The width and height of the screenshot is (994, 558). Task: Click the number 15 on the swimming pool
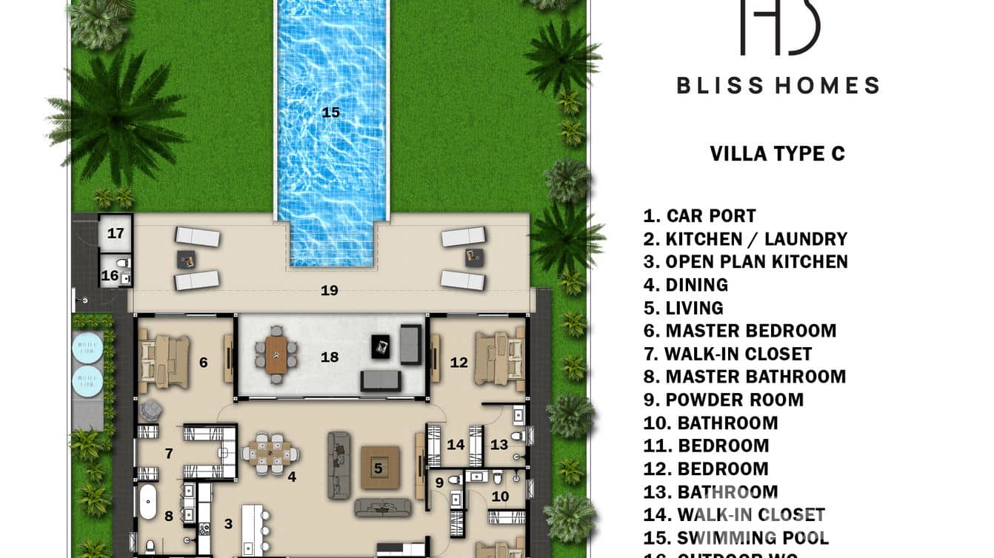coord(330,112)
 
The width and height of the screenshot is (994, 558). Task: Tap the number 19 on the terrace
coord(330,291)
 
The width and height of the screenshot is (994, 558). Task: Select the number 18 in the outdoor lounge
coord(330,357)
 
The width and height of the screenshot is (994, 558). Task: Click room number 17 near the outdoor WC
coord(116,234)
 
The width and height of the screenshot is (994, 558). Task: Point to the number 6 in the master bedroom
coord(203,363)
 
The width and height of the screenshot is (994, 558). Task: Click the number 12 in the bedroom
coord(459,363)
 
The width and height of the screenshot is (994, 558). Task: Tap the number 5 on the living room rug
coord(378,468)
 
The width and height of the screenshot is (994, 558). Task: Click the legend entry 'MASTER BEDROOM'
coord(740,331)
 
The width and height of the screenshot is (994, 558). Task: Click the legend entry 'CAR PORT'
coord(700,216)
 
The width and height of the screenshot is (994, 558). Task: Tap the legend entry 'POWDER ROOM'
coord(724,400)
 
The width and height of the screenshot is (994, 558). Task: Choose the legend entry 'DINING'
coord(686,285)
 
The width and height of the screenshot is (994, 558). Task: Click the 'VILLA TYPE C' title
coord(777,154)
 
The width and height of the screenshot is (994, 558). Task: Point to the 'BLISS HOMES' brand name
coord(778,86)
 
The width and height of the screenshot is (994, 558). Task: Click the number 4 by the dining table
coord(292,477)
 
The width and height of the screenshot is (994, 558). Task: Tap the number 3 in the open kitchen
coord(228,524)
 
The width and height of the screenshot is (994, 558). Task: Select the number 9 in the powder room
coord(438,483)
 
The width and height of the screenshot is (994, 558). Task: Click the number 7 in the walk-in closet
coord(168,453)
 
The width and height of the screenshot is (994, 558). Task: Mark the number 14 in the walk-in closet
coord(456,445)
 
